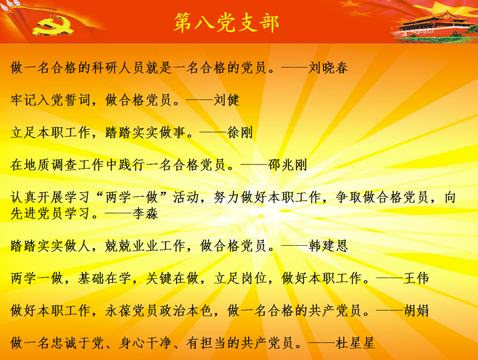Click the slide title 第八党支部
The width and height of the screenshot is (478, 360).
click(x=226, y=23)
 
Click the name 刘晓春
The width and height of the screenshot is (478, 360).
click(x=328, y=68)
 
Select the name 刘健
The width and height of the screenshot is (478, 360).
click(x=226, y=100)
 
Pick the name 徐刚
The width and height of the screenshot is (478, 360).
click(x=240, y=132)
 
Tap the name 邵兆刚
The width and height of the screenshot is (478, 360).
click(x=287, y=164)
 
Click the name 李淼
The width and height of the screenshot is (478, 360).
click(x=145, y=213)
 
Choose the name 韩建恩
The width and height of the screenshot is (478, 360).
click(x=328, y=246)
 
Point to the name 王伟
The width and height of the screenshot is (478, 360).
click(x=416, y=278)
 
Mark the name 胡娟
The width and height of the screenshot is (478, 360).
click(x=416, y=310)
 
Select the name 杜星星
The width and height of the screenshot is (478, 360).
click(x=355, y=343)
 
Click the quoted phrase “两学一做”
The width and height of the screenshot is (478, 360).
click(x=131, y=197)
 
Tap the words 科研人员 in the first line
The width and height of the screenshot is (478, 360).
click(x=118, y=68)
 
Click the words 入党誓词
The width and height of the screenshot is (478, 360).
click(x=64, y=100)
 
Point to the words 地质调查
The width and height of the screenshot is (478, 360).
click(x=51, y=164)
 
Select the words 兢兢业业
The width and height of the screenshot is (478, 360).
click(x=131, y=246)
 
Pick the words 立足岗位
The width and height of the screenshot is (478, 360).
click(x=240, y=278)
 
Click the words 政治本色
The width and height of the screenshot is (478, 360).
click(x=186, y=310)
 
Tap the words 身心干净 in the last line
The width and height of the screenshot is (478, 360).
click(x=145, y=343)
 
